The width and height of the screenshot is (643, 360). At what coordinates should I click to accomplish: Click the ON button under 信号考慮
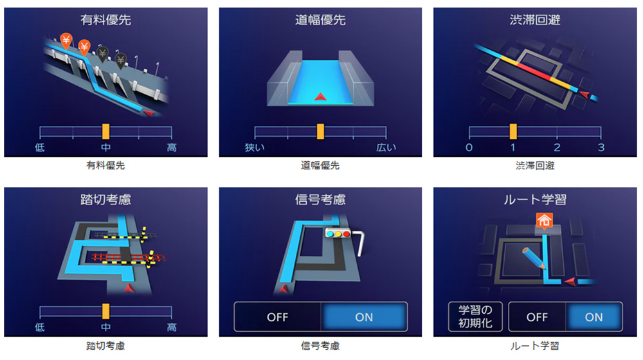[364, 317]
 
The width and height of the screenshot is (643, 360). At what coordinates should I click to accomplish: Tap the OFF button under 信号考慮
[278, 317]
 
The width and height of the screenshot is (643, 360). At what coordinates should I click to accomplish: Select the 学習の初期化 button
[475, 316]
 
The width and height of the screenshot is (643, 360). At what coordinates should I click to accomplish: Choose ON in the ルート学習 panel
[593, 317]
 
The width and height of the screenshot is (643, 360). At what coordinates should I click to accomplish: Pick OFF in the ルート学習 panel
[537, 317]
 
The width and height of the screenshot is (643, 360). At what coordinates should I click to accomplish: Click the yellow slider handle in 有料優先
[106, 132]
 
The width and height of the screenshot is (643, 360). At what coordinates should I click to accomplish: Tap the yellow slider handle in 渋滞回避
[513, 132]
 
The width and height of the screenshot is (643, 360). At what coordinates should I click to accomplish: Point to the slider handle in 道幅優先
[320, 132]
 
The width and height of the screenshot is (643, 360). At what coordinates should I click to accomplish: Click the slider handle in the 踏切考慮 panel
[106, 311]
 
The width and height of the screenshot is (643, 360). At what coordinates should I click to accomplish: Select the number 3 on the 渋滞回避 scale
[601, 147]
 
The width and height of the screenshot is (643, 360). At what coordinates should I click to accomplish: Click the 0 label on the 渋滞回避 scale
[469, 147]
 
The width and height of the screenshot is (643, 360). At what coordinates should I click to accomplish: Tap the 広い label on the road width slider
[386, 147]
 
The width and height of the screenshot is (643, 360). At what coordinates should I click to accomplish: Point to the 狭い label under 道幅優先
[255, 147]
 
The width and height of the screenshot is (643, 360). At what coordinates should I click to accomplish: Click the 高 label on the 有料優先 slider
[172, 147]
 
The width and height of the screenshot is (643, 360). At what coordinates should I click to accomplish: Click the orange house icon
[544, 221]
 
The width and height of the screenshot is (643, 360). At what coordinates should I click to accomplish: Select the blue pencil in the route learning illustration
[534, 258]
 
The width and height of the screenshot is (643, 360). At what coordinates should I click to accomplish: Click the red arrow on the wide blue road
[320, 97]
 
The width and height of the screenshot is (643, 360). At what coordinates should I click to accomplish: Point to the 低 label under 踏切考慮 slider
[40, 327]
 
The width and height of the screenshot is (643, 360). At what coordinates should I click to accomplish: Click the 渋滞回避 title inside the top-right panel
[535, 20]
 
